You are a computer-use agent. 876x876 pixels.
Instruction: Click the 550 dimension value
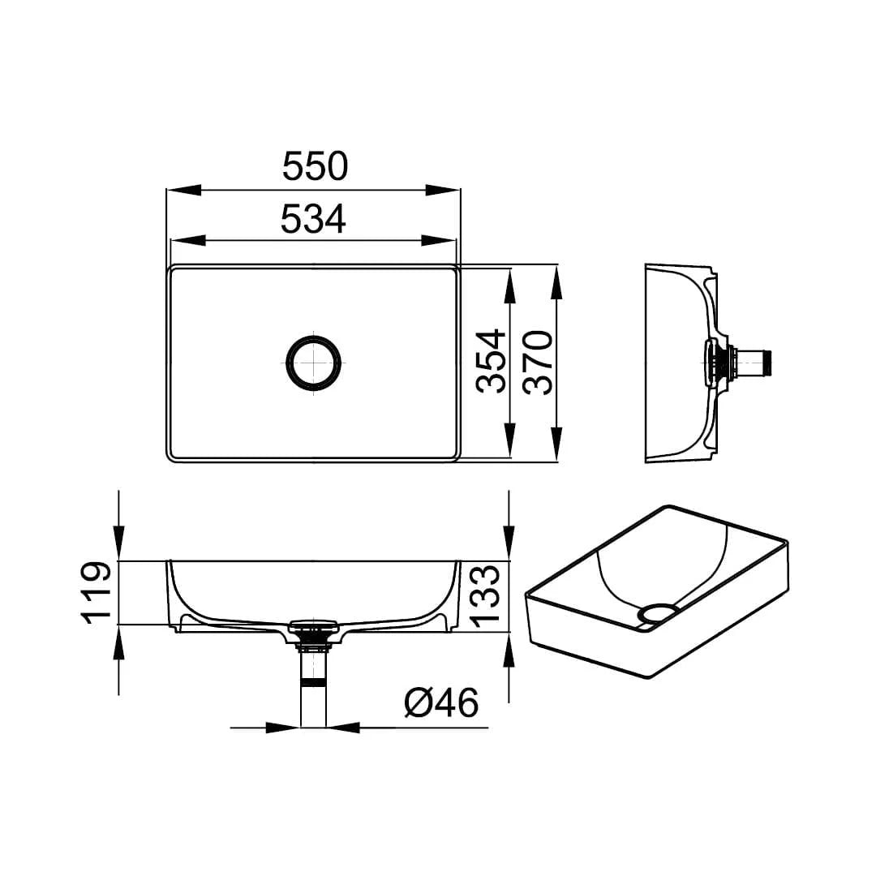point(315,165)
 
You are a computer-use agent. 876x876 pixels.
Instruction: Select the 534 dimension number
point(313,218)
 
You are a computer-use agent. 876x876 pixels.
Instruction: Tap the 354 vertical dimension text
point(491,362)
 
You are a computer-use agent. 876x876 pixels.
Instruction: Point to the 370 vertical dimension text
point(538,362)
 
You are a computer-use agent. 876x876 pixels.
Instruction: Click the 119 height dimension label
point(96,591)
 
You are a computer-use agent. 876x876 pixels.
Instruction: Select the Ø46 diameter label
point(441,702)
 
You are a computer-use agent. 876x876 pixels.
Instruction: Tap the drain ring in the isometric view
point(658,612)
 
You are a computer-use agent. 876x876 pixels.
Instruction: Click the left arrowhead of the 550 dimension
point(183,190)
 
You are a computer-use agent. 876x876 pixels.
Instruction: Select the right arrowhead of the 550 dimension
point(443,190)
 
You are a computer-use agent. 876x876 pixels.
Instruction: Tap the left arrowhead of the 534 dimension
point(187,241)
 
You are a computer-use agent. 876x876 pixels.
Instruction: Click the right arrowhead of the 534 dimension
point(439,241)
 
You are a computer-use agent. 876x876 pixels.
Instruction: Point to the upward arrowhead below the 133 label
point(509,650)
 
